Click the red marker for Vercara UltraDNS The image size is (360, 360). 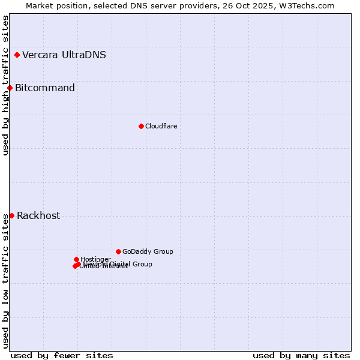tap(17, 55)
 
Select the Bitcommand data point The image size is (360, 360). tap(10, 88)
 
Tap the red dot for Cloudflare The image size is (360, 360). tap(141, 126)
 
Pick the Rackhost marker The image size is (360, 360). tap(11, 215)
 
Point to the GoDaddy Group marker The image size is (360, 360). tap(118, 251)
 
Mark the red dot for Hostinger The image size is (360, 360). tap(76, 260)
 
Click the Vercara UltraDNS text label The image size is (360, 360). tap(64, 55)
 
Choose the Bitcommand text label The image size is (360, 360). tap(45, 88)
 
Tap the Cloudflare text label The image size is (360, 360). tap(161, 126)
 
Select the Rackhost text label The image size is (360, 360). tap(38, 216)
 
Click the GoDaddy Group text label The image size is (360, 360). tap(148, 251)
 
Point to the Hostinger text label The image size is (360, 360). tap(95, 259)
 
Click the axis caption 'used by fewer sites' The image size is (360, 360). tap(62, 355)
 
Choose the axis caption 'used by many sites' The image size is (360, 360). tap(301, 355)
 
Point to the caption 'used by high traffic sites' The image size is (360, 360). tap(5, 85)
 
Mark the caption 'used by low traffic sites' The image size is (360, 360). tap(5, 280)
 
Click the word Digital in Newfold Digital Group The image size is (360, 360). tap(121, 264)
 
